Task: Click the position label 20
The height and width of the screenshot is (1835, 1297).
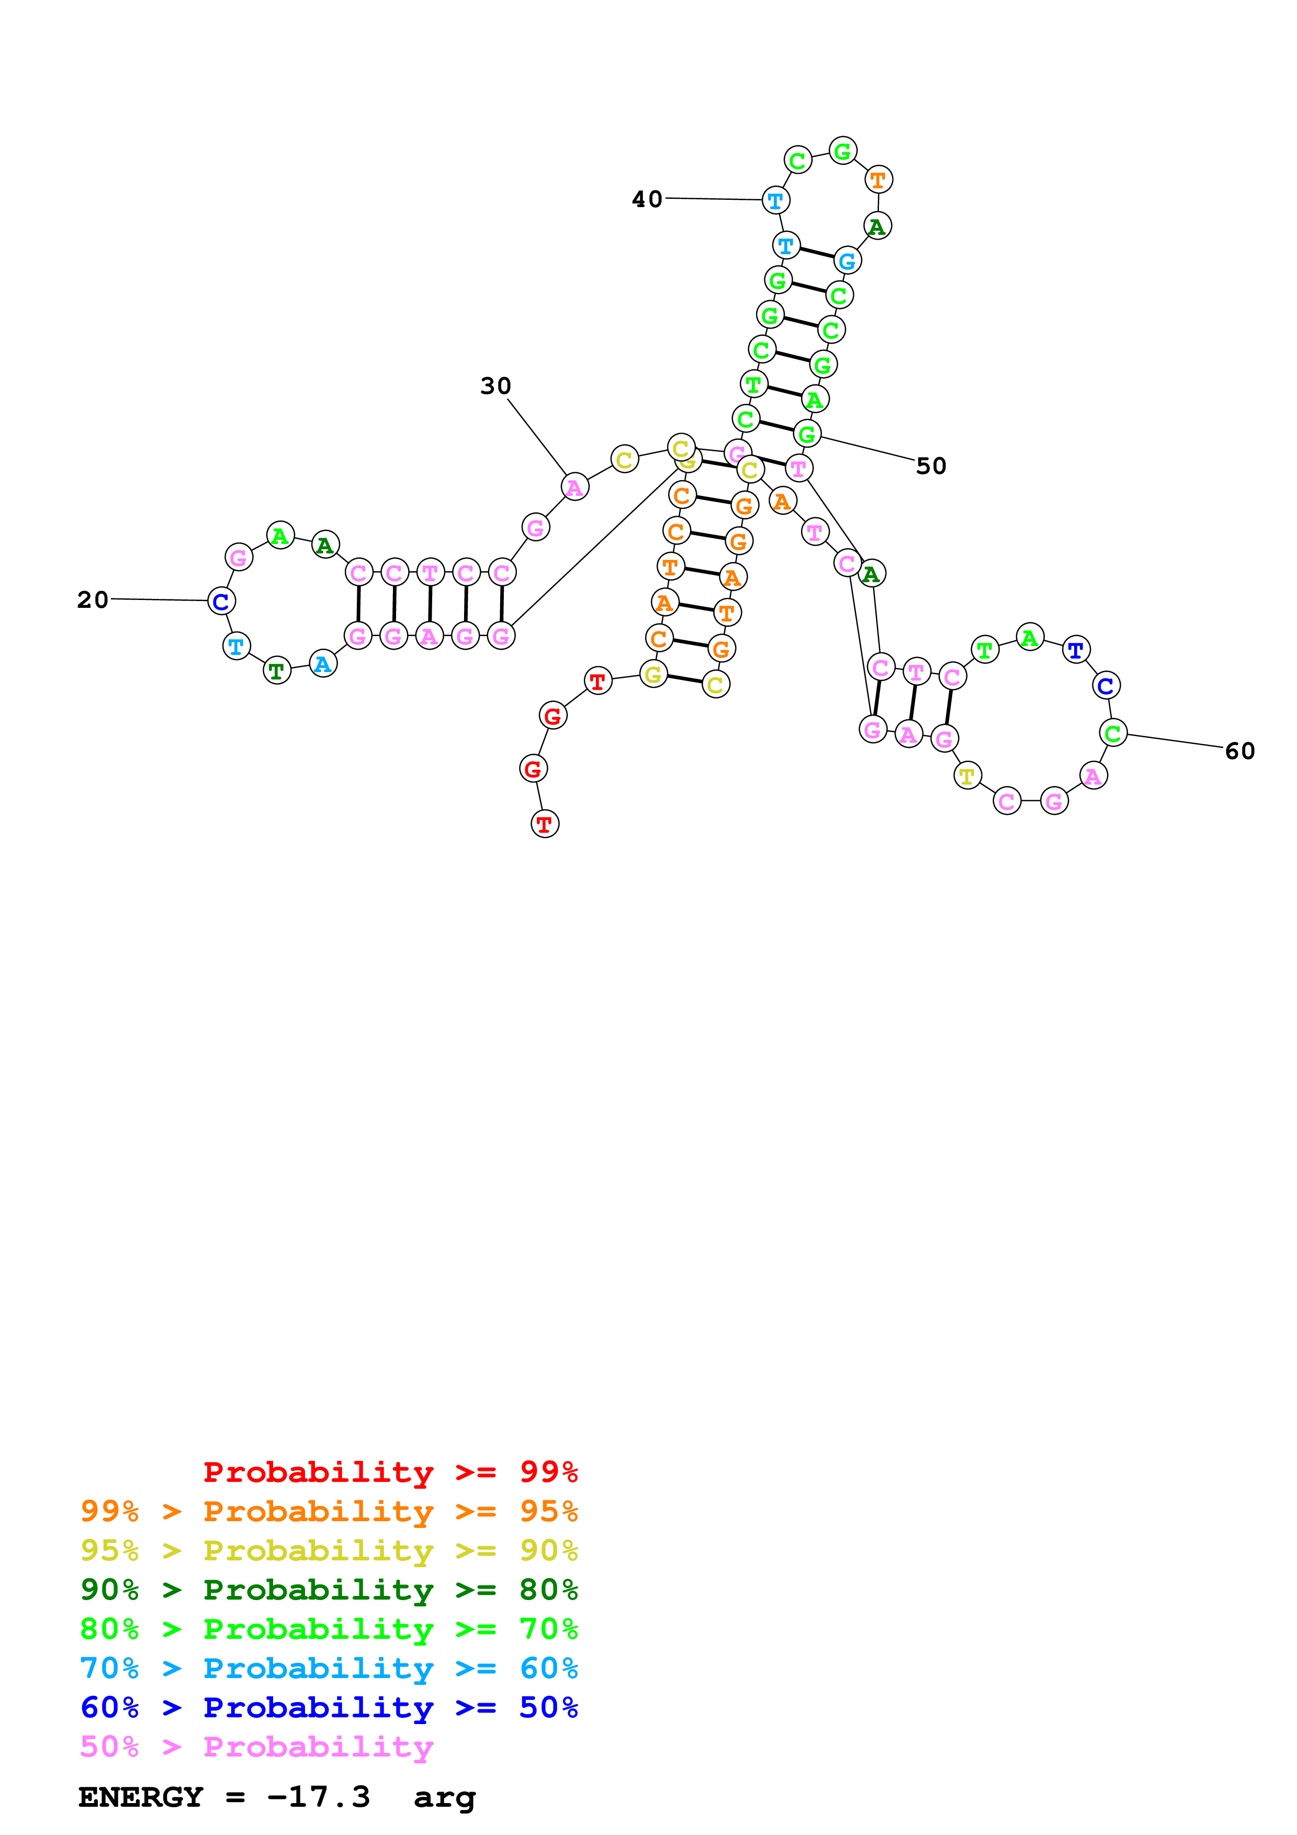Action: pyautogui.click(x=93, y=599)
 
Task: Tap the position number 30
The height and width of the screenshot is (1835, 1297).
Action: pyautogui.click(x=495, y=386)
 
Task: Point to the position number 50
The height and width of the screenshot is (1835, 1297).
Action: pyautogui.click(x=931, y=466)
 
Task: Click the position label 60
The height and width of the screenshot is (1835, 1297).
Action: pyautogui.click(x=1239, y=751)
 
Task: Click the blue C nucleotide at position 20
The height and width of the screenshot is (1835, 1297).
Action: pyautogui.click(x=221, y=601)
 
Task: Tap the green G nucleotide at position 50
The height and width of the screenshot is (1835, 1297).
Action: pyautogui.click(x=807, y=434)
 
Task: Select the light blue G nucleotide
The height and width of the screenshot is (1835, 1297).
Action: pyautogui.click(x=847, y=260)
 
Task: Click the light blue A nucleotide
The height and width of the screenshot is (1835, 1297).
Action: pyautogui.click(x=323, y=664)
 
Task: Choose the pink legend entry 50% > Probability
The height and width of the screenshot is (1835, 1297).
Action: pyautogui.click(x=256, y=1746)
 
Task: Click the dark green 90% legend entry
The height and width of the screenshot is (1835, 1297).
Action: pyautogui.click(x=329, y=1590)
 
